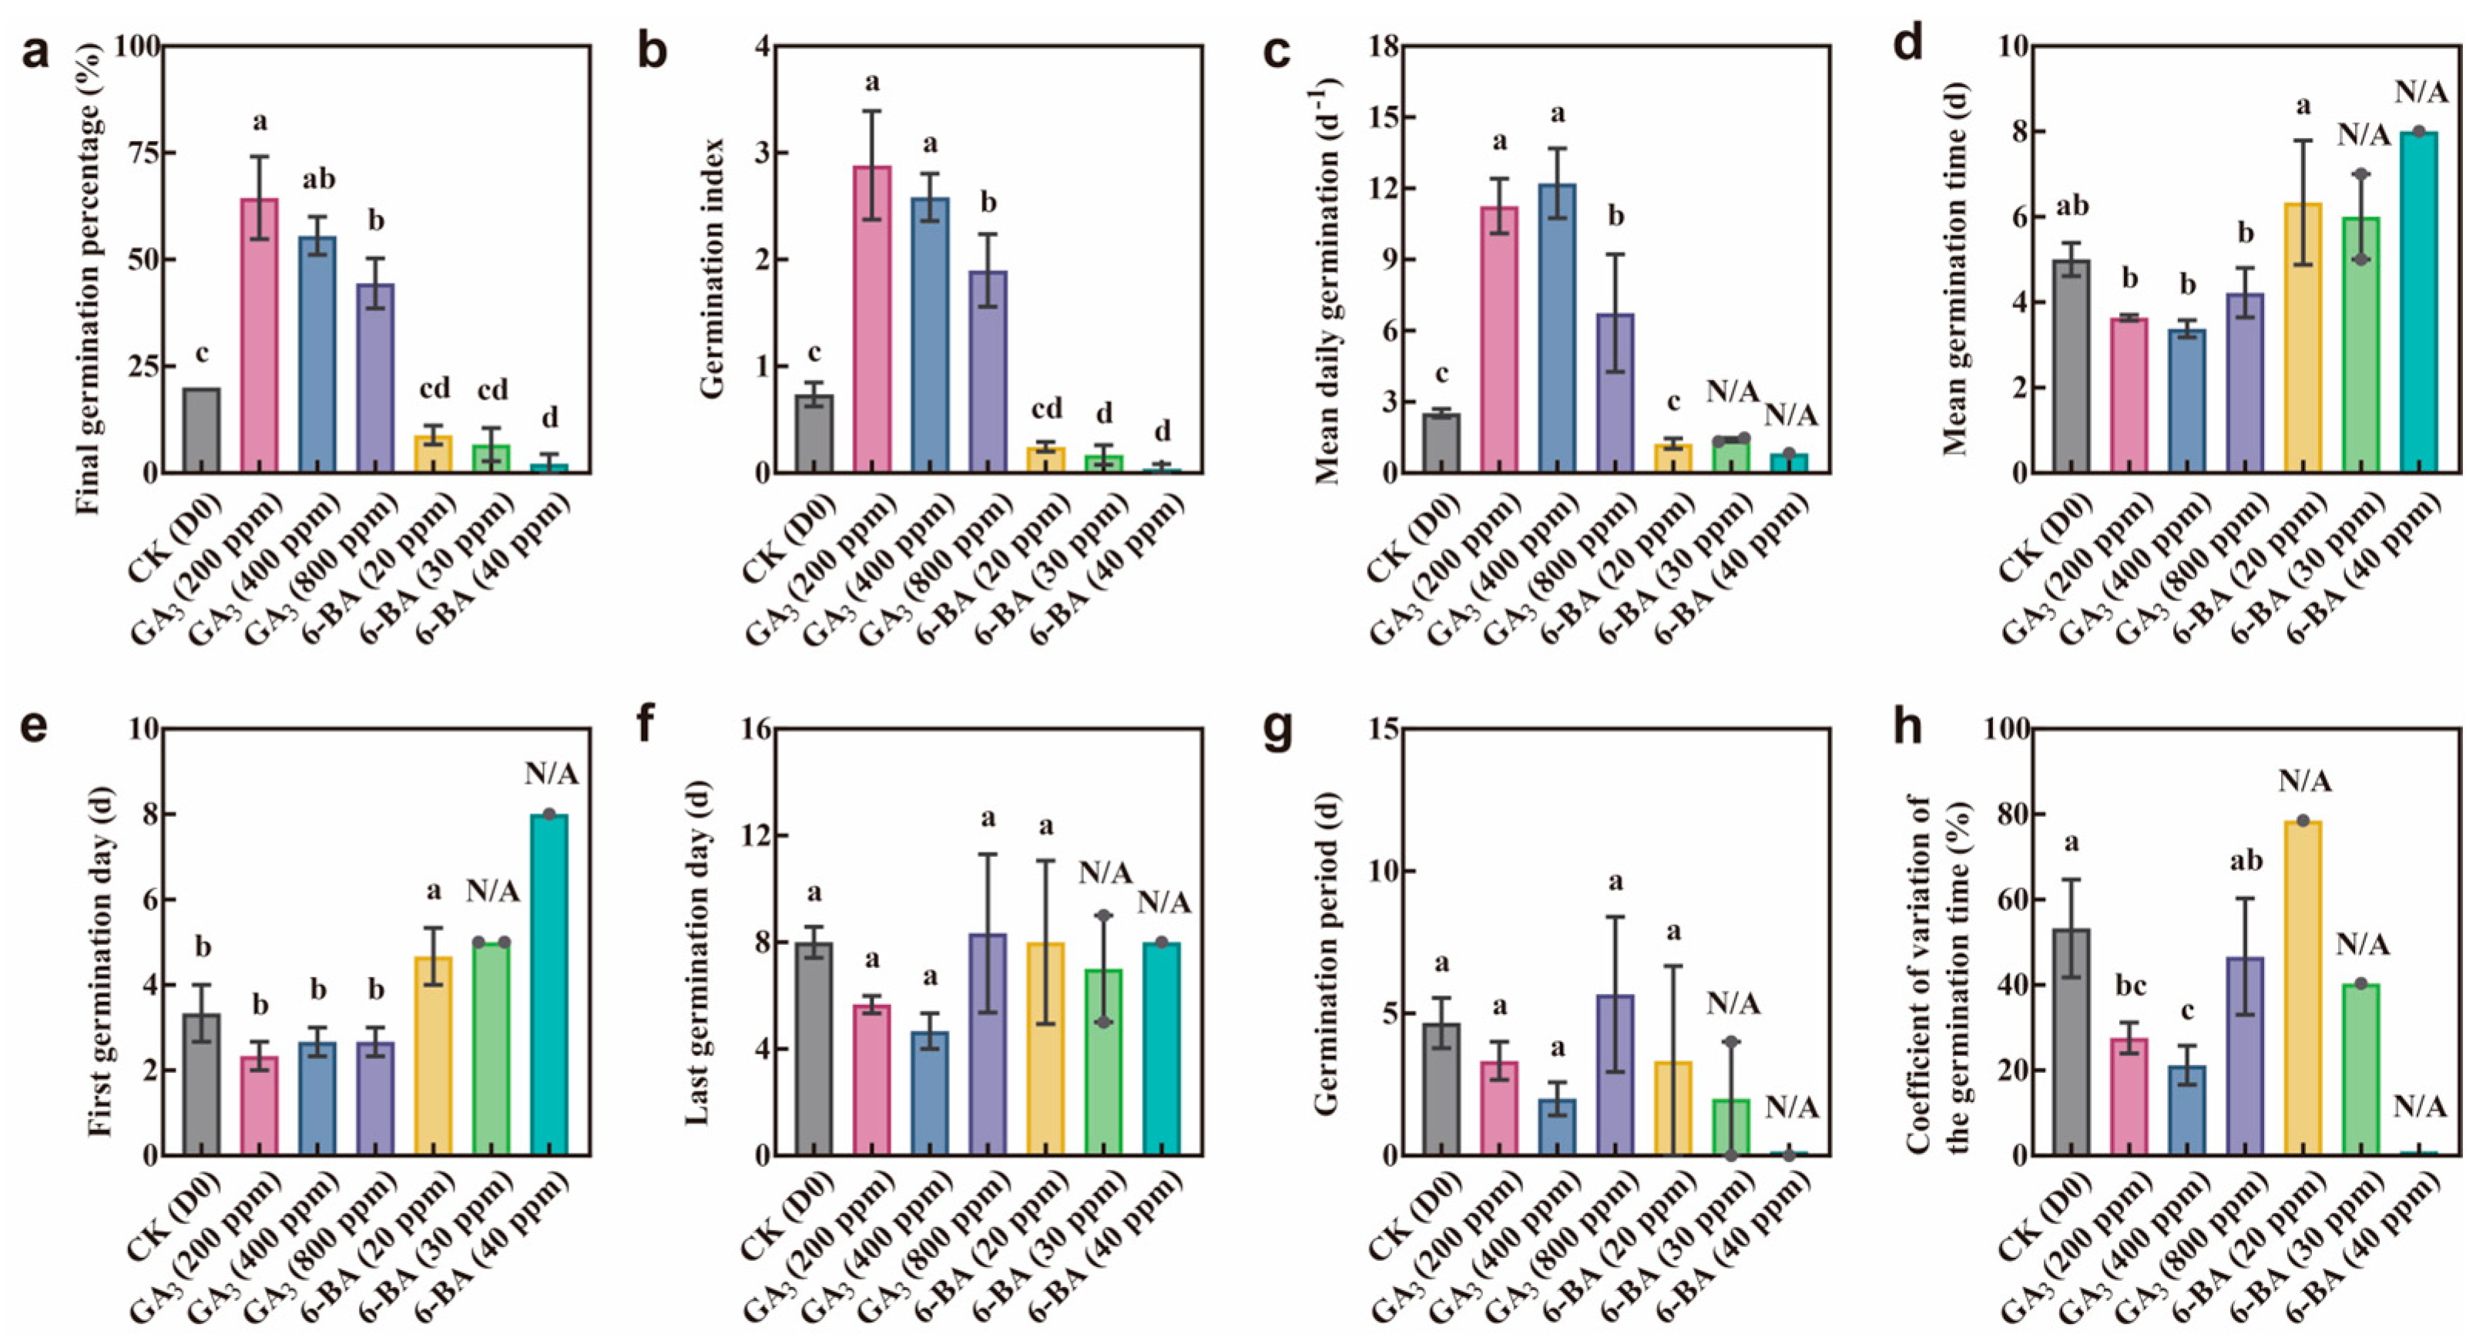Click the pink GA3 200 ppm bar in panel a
[x=260, y=335]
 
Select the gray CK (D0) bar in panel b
[x=814, y=434]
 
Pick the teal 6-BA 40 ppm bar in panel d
[x=2419, y=302]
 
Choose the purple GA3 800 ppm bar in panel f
[x=988, y=1044]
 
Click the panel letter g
[x=1277, y=728]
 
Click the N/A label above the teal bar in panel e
[x=551, y=774]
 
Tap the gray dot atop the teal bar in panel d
[x=2419, y=132]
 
